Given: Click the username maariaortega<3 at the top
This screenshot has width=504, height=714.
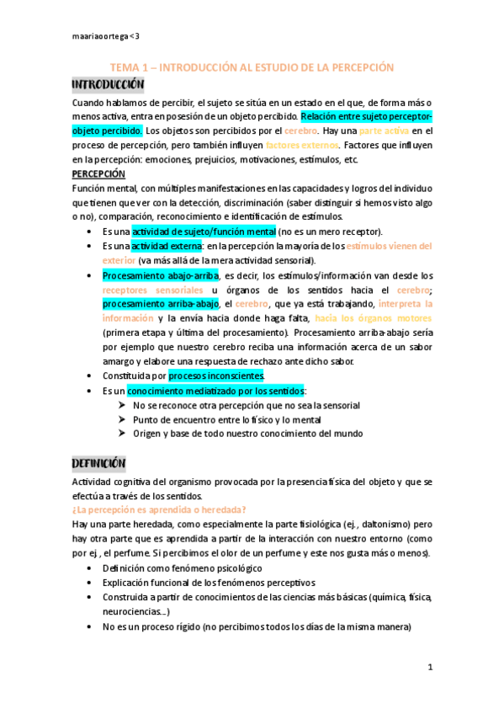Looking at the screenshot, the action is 104,36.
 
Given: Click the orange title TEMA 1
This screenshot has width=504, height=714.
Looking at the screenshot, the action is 252,67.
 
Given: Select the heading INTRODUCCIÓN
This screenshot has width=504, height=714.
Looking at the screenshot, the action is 108,86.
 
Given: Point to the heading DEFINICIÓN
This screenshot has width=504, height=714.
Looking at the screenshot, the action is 98,463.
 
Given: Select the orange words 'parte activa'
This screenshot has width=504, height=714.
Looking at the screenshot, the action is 385,131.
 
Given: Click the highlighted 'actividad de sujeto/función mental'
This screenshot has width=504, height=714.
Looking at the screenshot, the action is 204,231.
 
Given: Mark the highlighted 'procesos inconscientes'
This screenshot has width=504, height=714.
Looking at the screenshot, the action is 217,375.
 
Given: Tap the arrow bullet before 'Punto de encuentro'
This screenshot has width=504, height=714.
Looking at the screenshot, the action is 122,419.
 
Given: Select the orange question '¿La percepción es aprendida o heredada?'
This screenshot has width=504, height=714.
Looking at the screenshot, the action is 159,509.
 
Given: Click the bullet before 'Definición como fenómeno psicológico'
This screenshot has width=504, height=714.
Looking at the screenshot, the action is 90,568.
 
